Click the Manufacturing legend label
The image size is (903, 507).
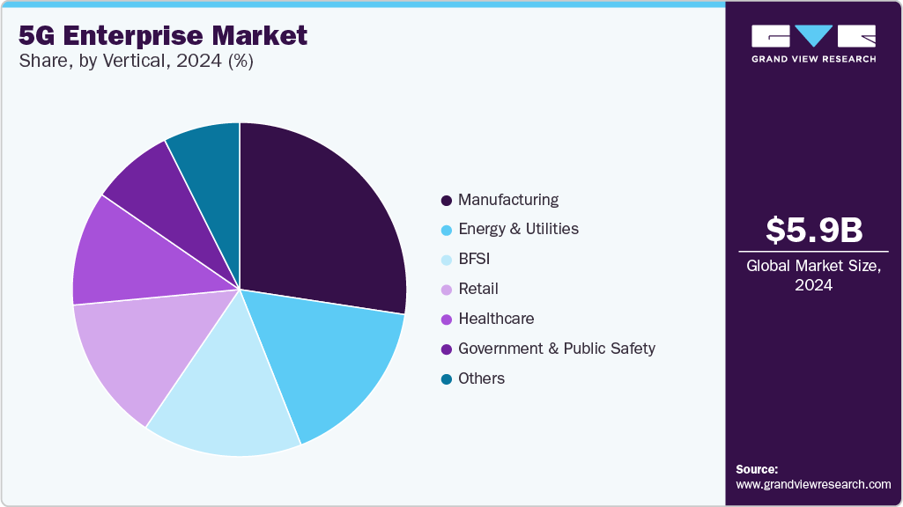pos(508,200)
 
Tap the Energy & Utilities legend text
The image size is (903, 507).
pos(518,229)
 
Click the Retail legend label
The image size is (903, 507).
pos(478,289)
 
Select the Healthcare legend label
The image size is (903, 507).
pos(496,319)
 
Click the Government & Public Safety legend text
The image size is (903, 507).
pos(557,349)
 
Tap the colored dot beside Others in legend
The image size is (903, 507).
pos(447,379)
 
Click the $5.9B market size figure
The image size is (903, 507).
pos(813,230)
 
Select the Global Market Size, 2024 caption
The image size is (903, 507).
pos(813,275)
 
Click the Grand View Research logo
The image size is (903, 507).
pos(813,42)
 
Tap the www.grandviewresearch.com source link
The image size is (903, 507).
pos(813,484)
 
